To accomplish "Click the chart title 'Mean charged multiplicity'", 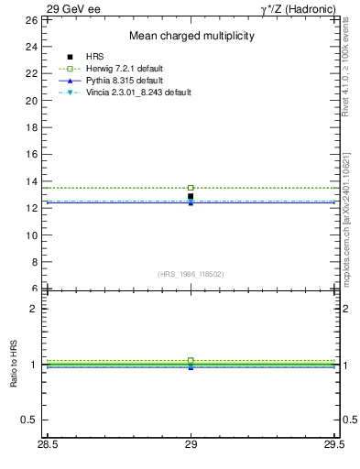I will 191,36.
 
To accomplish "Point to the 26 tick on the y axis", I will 30,19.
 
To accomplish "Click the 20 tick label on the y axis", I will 30,100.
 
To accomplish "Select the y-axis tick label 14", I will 30,180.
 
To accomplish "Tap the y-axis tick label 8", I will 33,261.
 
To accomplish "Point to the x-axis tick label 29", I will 191,446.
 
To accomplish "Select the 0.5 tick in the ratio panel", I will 28,420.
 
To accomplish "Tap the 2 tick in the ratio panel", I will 33,309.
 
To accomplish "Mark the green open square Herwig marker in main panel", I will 191,188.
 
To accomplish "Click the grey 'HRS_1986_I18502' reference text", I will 191,273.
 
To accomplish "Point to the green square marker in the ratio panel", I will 191,361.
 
